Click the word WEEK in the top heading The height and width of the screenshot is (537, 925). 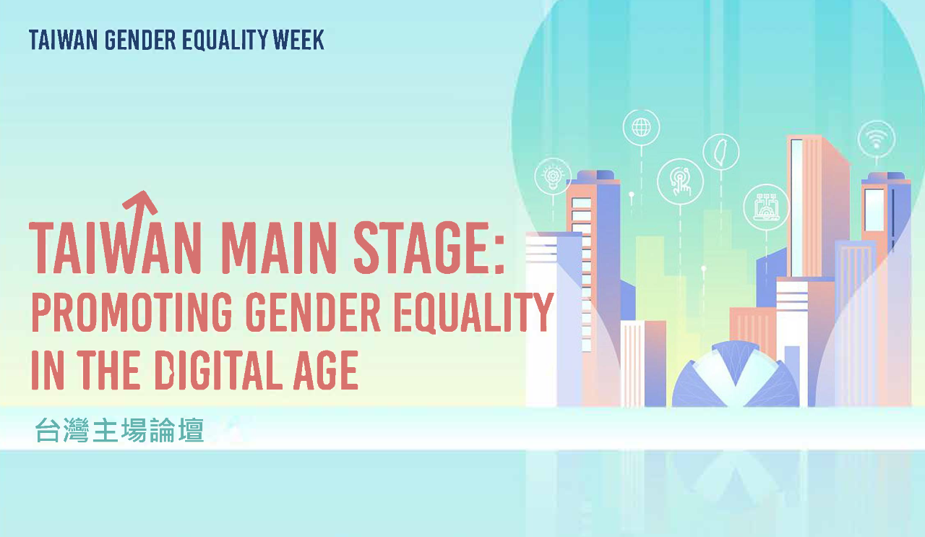tap(298, 40)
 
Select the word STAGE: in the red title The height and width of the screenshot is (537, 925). tap(429, 248)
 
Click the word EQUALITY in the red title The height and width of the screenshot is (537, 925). tap(473, 312)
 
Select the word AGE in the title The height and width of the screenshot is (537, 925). tap(325, 370)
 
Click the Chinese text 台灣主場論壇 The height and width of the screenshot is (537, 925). tap(120, 430)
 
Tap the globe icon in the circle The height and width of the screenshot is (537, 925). tap(641, 127)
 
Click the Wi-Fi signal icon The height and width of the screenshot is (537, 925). tap(877, 139)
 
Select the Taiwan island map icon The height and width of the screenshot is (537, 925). tap(721, 152)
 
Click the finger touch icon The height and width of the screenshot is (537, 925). tap(680, 181)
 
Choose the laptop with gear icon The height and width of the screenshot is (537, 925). tap(767, 207)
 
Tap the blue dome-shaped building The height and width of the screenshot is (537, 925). tap(735, 376)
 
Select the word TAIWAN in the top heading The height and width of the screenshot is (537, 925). tap(63, 40)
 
